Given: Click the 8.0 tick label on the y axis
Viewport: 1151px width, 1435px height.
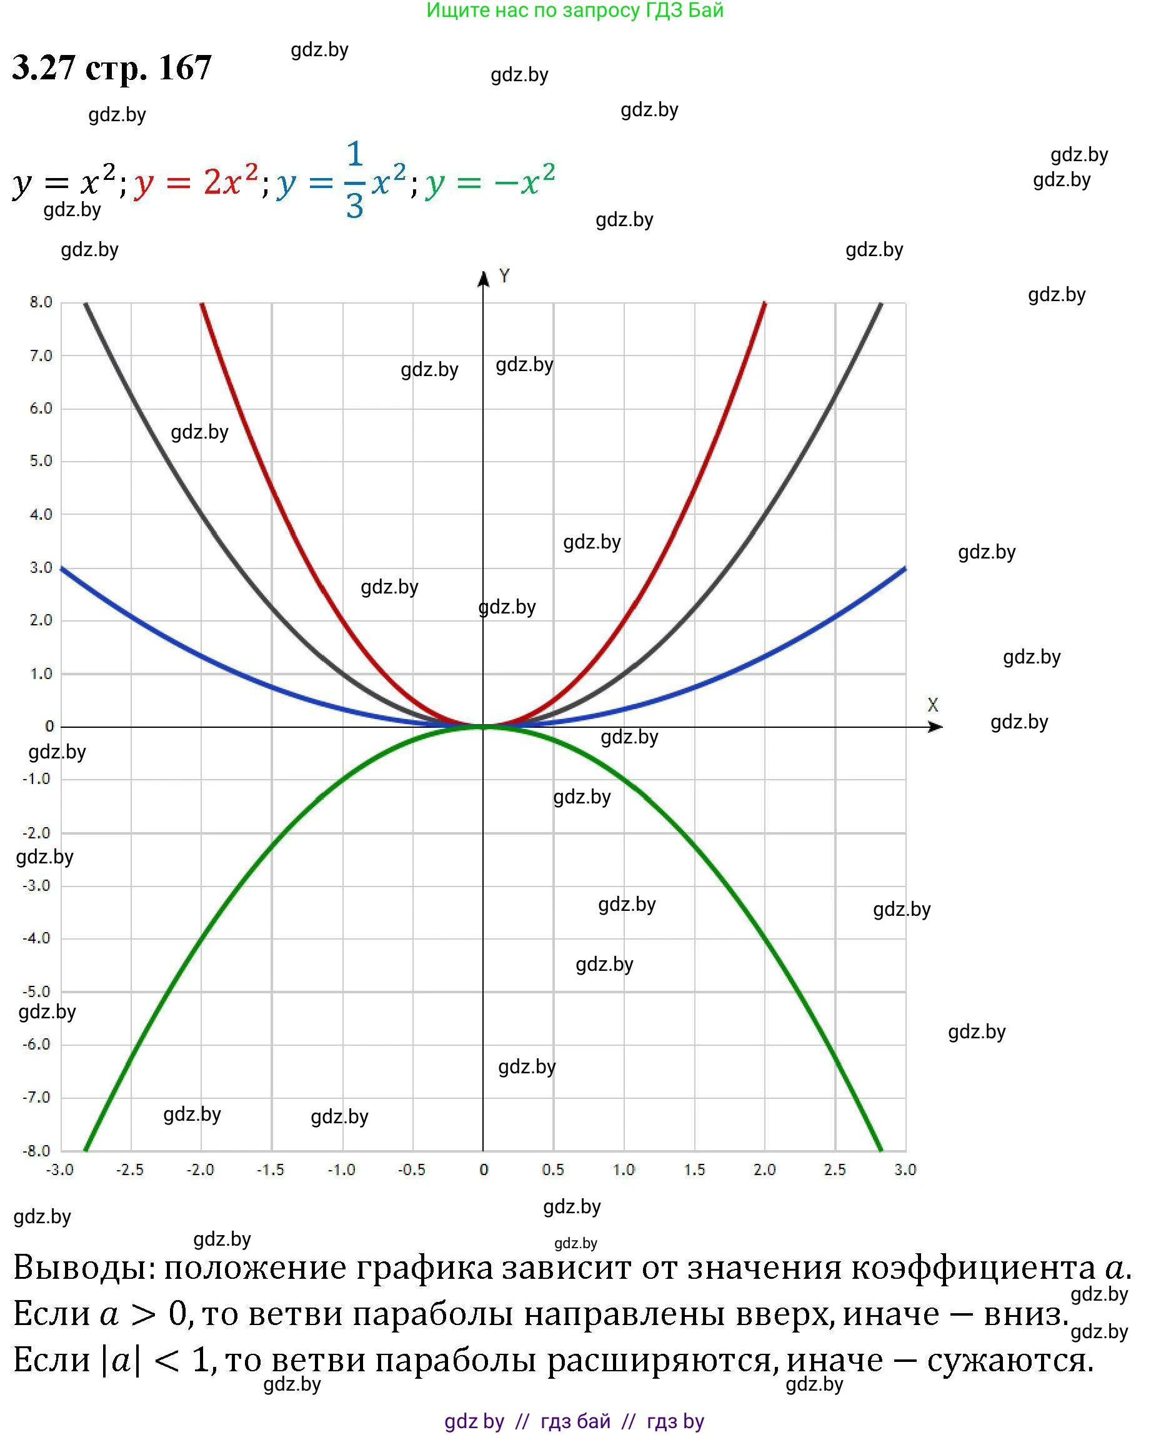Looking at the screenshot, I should click(41, 302).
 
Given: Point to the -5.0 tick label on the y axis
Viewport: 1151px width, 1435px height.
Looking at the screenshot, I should click(37, 991).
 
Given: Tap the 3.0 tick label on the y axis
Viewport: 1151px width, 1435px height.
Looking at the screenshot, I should click(41, 567).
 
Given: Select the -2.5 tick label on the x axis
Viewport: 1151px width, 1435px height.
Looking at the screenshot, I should click(130, 1169).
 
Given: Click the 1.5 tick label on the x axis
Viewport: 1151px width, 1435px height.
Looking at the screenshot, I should click(694, 1169).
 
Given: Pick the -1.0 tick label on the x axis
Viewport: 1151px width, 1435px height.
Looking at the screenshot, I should click(342, 1169).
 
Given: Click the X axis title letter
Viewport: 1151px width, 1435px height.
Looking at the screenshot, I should click(933, 705).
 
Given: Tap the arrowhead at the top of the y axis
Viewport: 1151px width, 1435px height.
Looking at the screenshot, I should click(483, 278).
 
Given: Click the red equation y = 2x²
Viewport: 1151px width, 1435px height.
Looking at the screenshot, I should click(196, 181).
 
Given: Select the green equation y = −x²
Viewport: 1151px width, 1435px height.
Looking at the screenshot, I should click(489, 181).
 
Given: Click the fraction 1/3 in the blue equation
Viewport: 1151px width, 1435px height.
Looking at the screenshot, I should click(355, 181).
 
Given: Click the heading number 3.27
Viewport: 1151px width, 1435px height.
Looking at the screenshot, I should click(43, 67).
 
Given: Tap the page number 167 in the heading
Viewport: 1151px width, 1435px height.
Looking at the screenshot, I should click(185, 67).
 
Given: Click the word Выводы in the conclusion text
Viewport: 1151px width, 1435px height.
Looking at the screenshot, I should click(83, 1268).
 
